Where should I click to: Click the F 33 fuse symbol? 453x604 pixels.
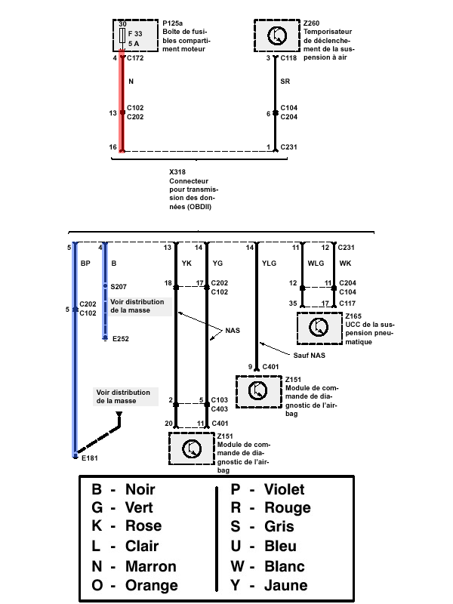click(122, 35)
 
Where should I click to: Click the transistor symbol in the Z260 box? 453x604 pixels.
click(277, 35)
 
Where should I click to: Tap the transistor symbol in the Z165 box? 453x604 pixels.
click(319, 328)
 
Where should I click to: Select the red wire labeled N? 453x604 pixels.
click(122, 101)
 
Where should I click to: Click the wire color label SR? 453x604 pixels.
click(285, 82)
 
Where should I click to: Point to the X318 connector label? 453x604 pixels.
click(177, 172)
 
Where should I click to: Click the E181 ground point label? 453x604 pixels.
click(90, 458)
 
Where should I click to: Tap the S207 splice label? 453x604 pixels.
click(119, 287)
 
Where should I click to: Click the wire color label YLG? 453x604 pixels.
click(269, 263)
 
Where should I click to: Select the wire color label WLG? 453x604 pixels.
click(316, 263)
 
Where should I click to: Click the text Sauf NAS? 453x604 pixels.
click(309, 355)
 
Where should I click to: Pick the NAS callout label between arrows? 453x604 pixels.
click(233, 331)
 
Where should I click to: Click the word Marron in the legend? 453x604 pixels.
click(150, 566)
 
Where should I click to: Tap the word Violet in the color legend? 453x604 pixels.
click(285, 489)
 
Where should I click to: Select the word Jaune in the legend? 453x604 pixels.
click(286, 585)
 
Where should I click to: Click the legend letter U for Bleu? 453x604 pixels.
click(236, 546)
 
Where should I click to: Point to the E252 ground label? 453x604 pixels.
click(121, 339)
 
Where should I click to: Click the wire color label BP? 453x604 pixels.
click(85, 263)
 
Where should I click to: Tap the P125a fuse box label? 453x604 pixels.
click(173, 23)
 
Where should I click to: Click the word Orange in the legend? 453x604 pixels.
click(152, 586)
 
